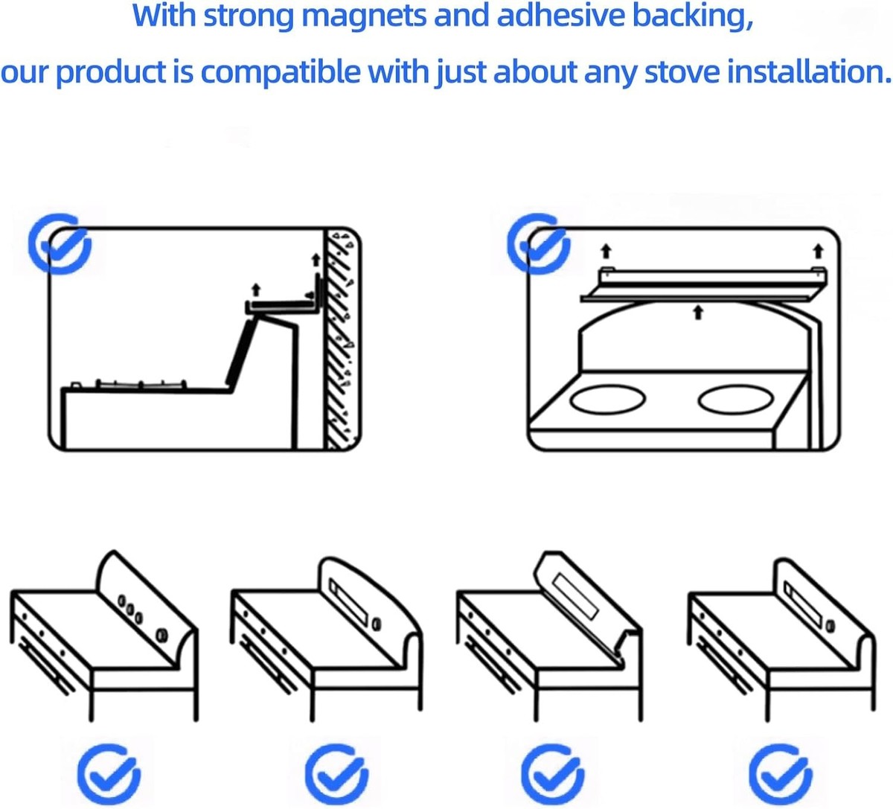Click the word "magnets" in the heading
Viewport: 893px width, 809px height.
point(365,16)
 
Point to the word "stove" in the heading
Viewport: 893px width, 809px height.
point(682,71)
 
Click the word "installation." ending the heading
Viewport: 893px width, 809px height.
point(809,71)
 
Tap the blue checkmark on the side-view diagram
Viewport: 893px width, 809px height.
point(60,244)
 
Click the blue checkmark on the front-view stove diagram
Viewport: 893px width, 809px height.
point(539,243)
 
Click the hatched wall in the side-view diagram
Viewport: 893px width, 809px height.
point(342,339)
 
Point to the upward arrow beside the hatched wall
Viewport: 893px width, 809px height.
point(316,260)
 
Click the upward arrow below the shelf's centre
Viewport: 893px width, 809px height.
point(699,312)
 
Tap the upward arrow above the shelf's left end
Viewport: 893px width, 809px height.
point(606,251)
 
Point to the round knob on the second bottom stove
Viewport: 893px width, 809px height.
point(377,624)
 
